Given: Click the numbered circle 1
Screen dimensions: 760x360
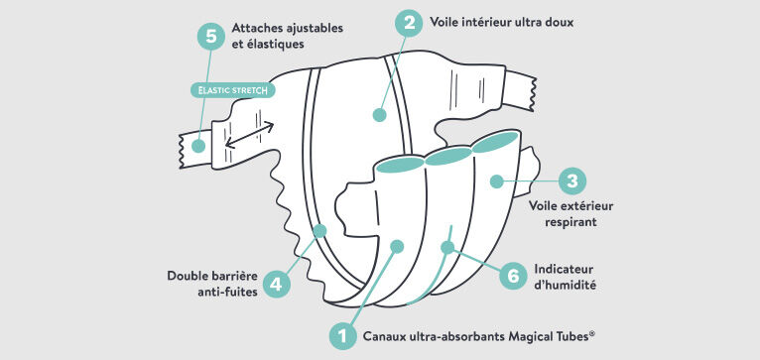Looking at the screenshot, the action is click(343, 335).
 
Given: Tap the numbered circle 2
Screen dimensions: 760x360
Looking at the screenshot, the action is click(410, 23).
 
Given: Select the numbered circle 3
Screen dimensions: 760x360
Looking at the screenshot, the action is click(572, 181).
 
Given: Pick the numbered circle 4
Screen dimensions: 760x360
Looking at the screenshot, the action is click(276, 284).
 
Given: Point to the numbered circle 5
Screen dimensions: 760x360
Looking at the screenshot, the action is click(211, 36).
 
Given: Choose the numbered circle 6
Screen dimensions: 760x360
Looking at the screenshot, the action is click(513, 276).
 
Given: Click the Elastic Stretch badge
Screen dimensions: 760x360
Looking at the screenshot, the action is click(232, 90).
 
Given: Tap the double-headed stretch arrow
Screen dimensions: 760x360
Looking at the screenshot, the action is click(250, 135).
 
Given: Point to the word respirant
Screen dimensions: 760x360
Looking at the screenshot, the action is click(570, 223).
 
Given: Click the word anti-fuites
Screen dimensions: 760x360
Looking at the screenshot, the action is click(228, 293).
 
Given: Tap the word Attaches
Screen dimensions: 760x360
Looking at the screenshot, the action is click(256, 28).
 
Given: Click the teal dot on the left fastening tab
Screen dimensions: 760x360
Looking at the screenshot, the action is click(198, 146).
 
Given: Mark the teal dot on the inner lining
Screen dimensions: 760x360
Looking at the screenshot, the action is click(380, 115).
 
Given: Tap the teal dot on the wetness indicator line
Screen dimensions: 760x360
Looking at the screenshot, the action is click(447, 248).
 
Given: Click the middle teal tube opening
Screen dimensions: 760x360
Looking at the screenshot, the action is click(448, 157).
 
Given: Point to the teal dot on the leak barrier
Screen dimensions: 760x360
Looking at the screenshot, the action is click(319, 231).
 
